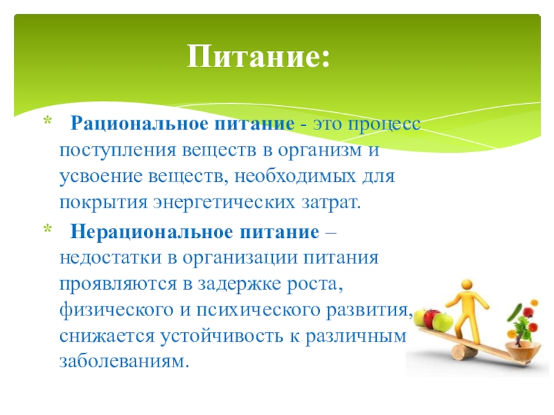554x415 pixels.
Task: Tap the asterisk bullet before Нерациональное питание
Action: pyautogui.click(x=47, y=230)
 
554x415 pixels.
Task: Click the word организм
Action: pyautogui.click(x=321, y=151)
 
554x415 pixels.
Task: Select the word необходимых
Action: pyautogui.click(x=296, y=176)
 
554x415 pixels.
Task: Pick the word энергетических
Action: pyautogui.click(x=224, y=203)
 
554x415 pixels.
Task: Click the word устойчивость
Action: pyautogui.click(x=222, y=335)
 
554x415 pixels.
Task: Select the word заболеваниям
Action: pyautogui.click(x=125, y=361)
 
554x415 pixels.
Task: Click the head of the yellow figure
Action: pyautogui.click(x=467, y=285)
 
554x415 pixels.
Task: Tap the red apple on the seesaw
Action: pyautogui.click(x=431, y=317)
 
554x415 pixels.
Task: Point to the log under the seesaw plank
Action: pyautogui.click(x=461, y=353)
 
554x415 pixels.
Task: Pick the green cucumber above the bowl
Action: pyautogui.click(x=515, y=313)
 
